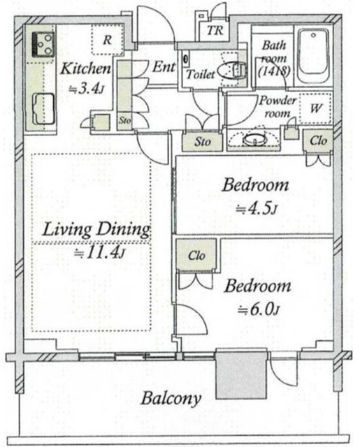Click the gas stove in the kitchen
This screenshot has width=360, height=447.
coord(43,45)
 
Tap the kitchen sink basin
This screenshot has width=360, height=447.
coord(43,109)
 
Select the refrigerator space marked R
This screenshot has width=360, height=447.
coord(108,40)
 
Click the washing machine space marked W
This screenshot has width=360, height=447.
coord(316,108)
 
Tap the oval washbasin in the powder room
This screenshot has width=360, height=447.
coord(254,140)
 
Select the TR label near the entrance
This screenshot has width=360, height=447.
coord(215,31)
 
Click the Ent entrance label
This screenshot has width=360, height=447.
coord(164,67)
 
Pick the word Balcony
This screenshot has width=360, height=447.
coord(171,398)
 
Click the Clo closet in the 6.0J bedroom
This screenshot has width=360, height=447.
coord(196,255)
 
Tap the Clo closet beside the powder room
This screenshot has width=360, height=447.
coord(318,140)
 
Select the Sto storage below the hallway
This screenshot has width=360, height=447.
coord(202,141)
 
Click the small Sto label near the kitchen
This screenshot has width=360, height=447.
coord(124,120)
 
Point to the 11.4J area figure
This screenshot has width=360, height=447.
coord(99,252)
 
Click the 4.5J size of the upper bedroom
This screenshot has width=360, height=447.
coord(256,210)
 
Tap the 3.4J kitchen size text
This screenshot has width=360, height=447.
coord(85,89)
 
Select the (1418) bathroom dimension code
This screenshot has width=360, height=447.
coord(274,71)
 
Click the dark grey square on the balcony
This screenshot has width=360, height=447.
coord(241,374)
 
